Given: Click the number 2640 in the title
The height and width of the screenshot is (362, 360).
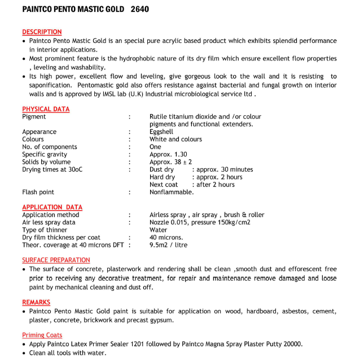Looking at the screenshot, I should pyautogui.click(x=139, y=9).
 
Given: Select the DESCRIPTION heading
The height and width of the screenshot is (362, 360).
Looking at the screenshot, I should pyautogui.click(x=42, y=32).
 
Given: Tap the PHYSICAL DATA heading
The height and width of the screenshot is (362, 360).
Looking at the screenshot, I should pyautogui.click(x=46, y=109).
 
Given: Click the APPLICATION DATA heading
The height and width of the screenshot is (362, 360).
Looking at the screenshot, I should pyautogui.click(x=52, y=207).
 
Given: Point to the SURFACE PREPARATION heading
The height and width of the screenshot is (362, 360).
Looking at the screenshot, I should pyautogui.click(x=56, y=260).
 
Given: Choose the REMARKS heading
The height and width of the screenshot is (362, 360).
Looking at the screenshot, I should pyautogui.click(x=36, y=302).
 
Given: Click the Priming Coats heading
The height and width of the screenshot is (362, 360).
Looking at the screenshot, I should pyautogui.click(x=42, y=335).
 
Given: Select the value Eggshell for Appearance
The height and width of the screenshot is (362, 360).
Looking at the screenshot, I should pyautogui.click(x=161, y=132).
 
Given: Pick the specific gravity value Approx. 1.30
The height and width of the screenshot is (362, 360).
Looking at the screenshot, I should pyautogui.click(x=168, y=154).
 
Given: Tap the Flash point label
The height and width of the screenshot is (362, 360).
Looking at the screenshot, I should pyautogui.click(x=38, y=192).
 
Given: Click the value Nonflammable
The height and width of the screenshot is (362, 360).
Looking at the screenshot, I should pyautogui.click(x=172, y=192).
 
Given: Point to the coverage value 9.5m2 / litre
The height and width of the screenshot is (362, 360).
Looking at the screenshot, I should pyautogui.click(x=168, y=245).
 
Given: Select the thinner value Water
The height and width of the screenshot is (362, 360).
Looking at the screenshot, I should pyautogui.click(x=158, y=230).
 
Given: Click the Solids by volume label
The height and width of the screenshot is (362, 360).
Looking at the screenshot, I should pyautogui.click(x=46, y=162).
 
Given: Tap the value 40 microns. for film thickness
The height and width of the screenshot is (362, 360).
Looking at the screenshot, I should pyautogui.click(x=166, y=238).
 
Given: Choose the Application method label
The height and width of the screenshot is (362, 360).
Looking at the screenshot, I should pyautogui.click(x=50, y=215).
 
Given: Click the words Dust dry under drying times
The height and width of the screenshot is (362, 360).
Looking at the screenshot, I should pyautogui.click(x=162, y=169).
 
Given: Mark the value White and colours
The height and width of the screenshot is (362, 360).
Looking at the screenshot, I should pyautogui.click(x=175, y=139).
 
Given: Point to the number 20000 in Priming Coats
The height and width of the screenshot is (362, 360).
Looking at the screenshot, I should pyautogui.click(x=292, y=344).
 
